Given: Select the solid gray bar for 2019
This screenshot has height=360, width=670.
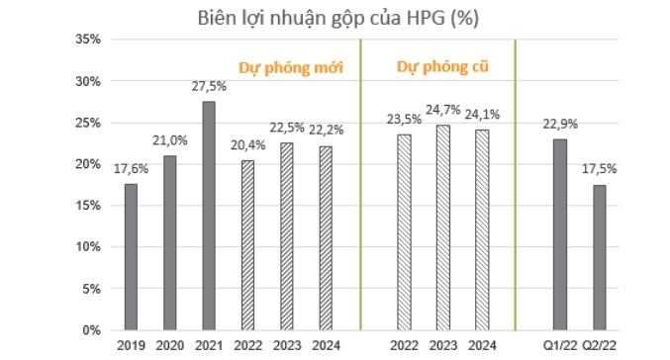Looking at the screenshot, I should point(131,257).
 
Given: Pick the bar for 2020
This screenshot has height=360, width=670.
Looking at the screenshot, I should point(169,242).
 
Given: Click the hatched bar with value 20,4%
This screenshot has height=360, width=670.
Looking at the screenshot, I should point(246,245).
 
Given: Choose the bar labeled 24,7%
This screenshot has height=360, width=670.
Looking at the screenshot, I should point(443,227).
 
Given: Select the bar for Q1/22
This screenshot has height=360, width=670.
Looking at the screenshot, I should point(559,234).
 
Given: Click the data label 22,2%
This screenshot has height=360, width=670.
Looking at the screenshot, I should point(324,132).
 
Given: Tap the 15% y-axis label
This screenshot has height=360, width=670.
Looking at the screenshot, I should point(88,206).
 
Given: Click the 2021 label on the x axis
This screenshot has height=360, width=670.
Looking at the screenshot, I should point(209,347).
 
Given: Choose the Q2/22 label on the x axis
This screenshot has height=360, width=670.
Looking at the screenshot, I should point(600,347).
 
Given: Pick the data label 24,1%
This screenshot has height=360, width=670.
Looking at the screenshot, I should point(482,115).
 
